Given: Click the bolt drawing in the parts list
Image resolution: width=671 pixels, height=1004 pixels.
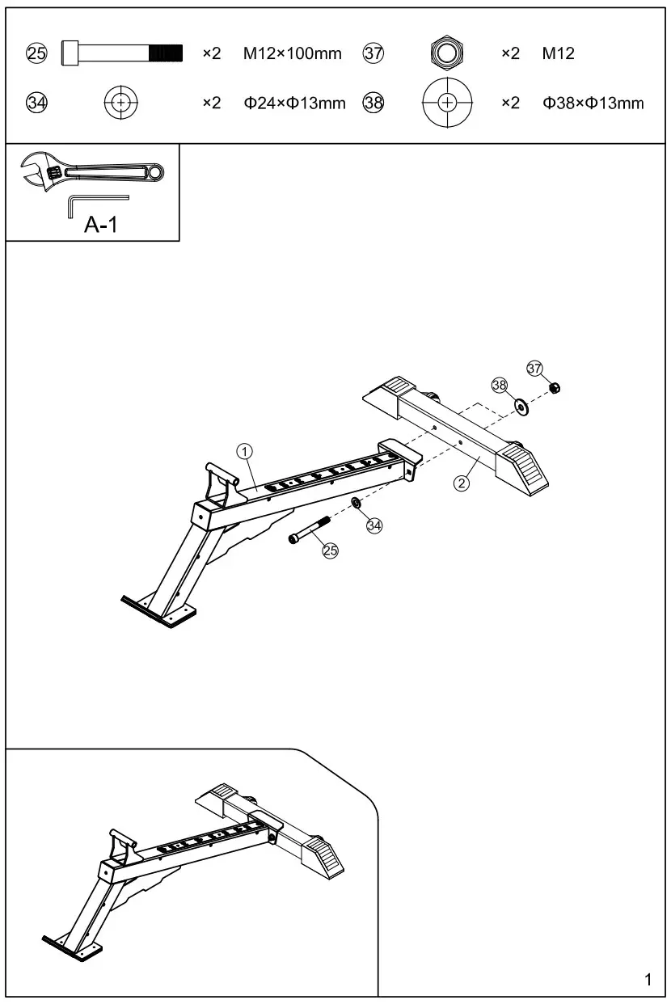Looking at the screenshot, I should click(122, 53).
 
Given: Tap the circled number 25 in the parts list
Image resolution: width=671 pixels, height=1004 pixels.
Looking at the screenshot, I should click(37, 54).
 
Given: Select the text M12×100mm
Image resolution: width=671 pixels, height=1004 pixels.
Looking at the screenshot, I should click(292, 54).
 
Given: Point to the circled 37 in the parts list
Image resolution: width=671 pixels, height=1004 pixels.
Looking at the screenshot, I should click(373, 54).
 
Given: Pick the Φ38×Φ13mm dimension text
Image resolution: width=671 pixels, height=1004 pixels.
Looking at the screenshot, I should click(593, 103).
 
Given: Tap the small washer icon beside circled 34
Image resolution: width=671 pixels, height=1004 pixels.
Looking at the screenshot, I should click(121, 103).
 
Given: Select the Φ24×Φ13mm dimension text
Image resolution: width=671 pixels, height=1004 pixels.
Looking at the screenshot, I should click(294, 103).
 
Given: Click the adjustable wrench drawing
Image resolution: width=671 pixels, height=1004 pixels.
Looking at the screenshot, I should click(92, 171).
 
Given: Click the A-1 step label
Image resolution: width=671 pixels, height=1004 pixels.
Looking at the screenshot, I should click(101, 225).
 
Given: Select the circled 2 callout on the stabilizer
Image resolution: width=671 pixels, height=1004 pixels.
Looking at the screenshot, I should click(461, 483).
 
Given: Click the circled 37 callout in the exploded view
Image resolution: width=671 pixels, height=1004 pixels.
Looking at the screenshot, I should click(534, 368).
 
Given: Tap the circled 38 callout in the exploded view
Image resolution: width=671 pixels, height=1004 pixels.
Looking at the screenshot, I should click(500, 385).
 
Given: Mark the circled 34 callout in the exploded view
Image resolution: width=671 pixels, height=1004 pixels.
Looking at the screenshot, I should click(373, 525).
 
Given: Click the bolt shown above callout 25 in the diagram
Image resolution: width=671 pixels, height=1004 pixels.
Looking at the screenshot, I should click(307, 531).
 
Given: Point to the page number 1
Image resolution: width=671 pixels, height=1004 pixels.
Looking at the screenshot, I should click(648, 981).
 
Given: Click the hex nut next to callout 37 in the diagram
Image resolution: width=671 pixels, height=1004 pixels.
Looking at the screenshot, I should click(555, 387).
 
